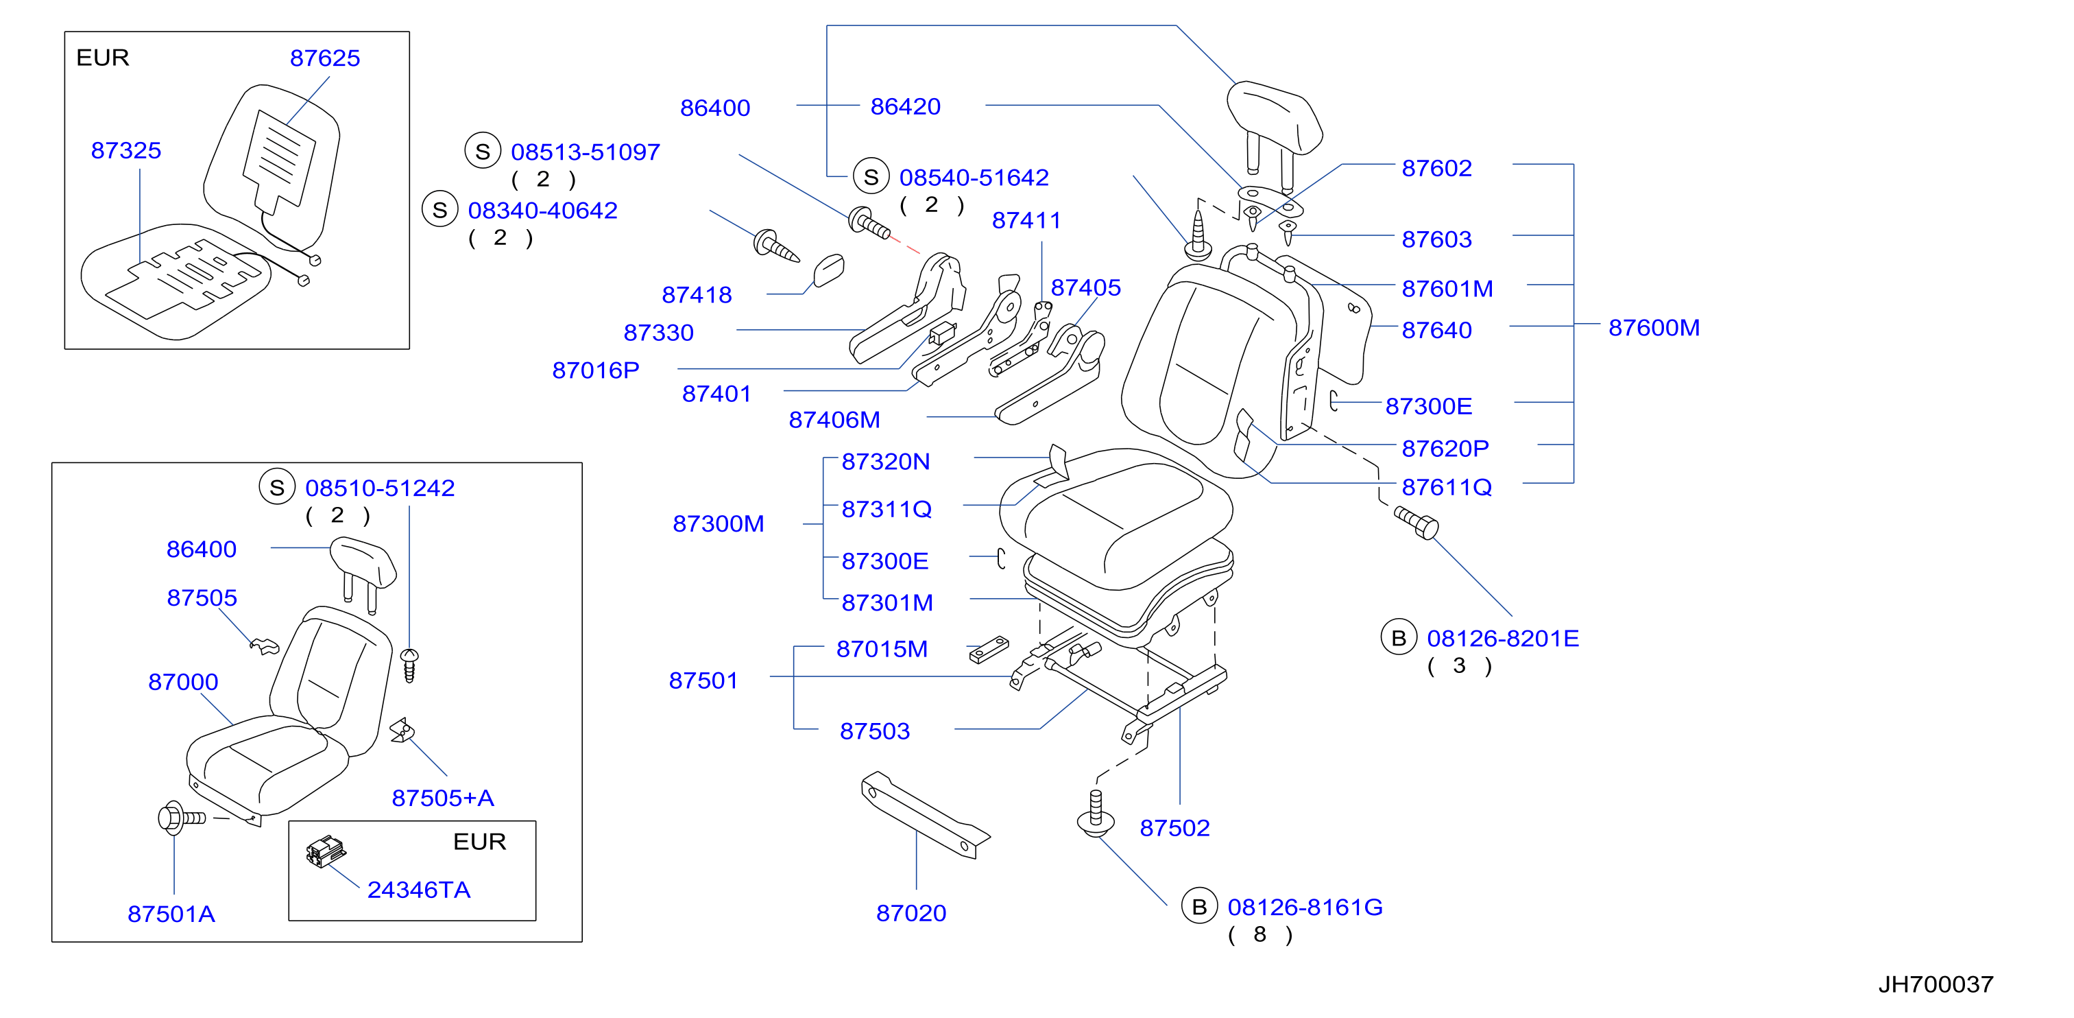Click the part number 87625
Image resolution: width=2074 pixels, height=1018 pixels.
[x=324, y=58]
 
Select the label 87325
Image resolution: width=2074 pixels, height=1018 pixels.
[x=125, y=151]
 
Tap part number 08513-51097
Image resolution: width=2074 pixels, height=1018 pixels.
[x=586, y=152]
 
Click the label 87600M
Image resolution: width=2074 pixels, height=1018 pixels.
[x=1654, y=328]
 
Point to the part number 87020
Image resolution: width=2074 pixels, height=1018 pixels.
[x=911, y=913]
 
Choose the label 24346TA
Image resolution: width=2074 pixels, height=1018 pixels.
[x=419, y=890]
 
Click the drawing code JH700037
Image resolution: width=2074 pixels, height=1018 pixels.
[x=1936, y=984]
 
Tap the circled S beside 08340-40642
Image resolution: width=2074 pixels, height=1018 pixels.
[x=439, y=210]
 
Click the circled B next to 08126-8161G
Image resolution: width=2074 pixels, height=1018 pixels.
[x=1199, y=907]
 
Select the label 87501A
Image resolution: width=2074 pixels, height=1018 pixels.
[x=171, y=914]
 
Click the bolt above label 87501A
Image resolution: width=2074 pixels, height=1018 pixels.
[x=181, y=818]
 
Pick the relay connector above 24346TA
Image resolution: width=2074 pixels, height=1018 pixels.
[x=325, y=851]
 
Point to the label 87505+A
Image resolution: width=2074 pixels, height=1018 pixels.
[x=443, y=798]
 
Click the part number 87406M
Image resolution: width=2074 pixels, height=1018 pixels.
[x=834, y=420]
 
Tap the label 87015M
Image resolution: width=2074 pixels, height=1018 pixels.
[x=882, y=649]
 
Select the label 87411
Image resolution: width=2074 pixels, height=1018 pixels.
[x=1026, y=221]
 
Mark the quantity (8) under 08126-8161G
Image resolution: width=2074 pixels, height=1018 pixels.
[x=1260, y=934]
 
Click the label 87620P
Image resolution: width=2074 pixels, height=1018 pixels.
[x=1445, y=449]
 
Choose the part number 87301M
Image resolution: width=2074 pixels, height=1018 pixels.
[x=887, y=603]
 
